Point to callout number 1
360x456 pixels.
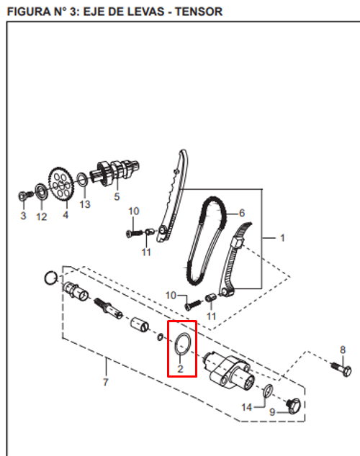282,237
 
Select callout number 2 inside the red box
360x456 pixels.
181,368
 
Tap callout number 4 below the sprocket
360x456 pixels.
65,214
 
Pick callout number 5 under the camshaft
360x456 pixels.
117,196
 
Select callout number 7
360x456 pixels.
105,382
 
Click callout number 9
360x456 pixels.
273,412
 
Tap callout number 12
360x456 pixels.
42,216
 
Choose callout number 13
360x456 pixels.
85,204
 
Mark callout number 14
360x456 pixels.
246,408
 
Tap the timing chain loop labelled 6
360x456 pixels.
205,241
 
